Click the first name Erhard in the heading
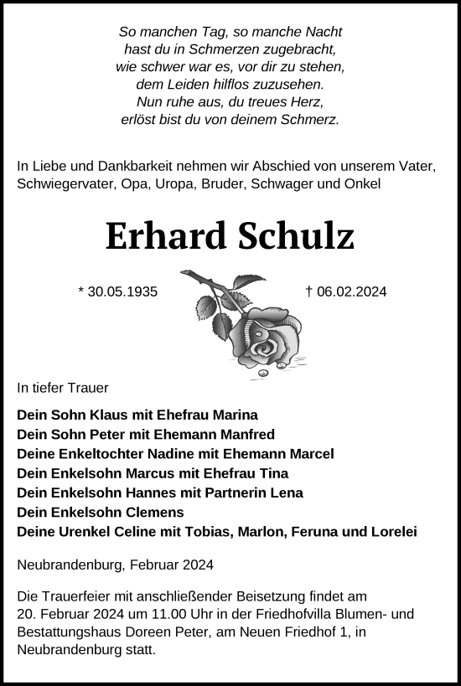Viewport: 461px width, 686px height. [x=164, y=238]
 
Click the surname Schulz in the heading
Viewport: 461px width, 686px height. [x=297, y=238]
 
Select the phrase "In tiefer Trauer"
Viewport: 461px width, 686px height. [x=62, y=389]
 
